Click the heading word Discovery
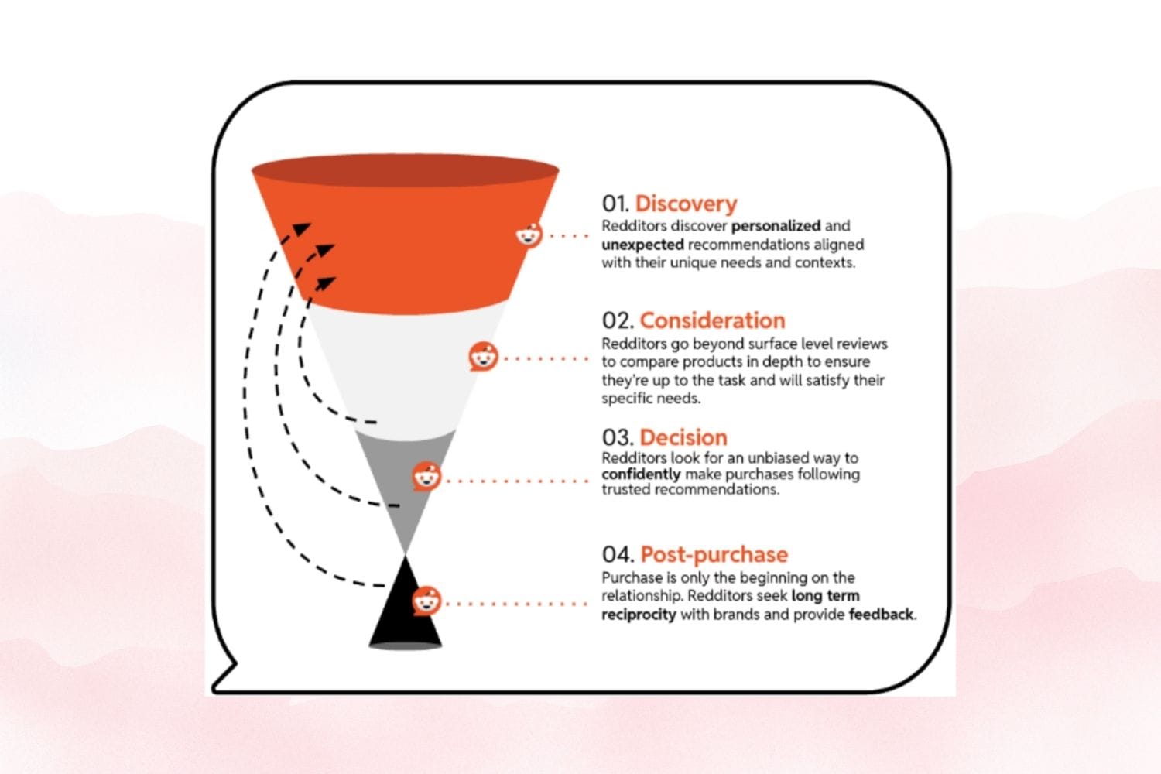tap(686, 204)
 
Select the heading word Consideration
tap(712, 320)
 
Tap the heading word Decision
tap(683, 437)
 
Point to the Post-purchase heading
tap(714, 554)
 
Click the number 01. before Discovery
tap(615, 204)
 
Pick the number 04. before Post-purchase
tap(618, 554)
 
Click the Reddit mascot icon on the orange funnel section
tap(529, 235)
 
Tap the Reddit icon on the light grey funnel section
tap(483, 358)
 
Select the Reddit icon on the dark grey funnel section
tap(426, 477)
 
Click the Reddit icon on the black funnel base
tap(426, 601)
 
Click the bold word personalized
tap(776, 226)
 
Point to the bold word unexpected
tap(642, 245)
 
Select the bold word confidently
tap(641, 474)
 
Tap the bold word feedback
tap(881, 615)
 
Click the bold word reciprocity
tap(639, 615)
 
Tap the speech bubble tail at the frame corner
tap(224, 677)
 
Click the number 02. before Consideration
tap(618, 320)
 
